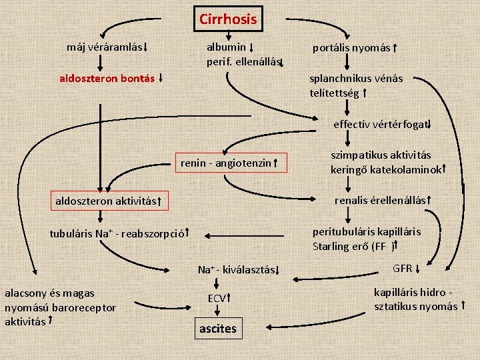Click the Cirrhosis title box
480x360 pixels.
click(x=227, y=19)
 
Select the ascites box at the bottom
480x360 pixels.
click(x=217, y=328)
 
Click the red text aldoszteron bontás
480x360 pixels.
click(x=107, y=78)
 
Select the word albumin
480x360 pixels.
click(x=226, y=47)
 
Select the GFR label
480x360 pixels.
click(x=402, y=268)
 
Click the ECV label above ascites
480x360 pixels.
click(x=217, y=298)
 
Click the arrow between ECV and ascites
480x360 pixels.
click(x=217, y=312)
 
